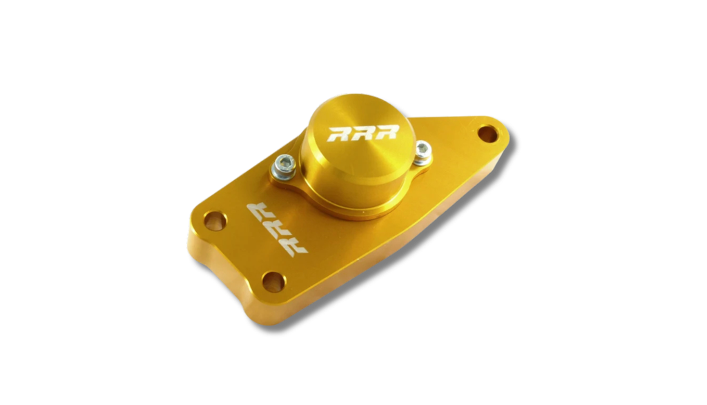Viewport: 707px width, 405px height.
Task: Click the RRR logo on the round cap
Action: point(363,133)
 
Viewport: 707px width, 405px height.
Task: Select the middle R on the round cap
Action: point(363,133)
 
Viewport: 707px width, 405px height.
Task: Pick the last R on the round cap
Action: point(387,132)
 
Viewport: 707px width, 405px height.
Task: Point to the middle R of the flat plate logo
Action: point(276,230)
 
